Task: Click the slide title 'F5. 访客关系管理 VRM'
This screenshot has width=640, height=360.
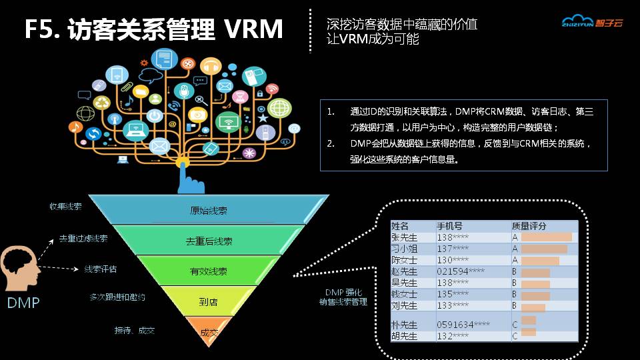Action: [x=153, y=29]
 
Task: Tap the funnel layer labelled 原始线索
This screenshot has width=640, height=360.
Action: [x=209, y=211]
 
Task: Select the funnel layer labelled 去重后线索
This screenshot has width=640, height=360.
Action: [x=209, y=241]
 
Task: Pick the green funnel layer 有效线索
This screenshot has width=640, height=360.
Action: [x=209, y=271]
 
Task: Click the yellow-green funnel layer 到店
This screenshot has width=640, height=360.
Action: [x=209, y=302]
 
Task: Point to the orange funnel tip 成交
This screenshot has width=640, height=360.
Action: [x=209, y=331]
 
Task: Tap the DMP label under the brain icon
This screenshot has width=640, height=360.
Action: [x=23, y=303]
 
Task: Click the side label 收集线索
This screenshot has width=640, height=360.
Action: [x=65, y=207]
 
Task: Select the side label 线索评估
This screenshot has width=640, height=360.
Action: [x=100, y=269]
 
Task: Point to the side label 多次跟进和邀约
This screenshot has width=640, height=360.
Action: [x=117, y=297]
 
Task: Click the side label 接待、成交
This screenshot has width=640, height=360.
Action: [x=135, y=330]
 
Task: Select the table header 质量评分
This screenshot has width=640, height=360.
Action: [x=529, y=226]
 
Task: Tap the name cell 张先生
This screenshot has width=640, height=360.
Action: [x=404, y=237]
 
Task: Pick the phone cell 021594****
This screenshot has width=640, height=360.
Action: [x=460, y=272]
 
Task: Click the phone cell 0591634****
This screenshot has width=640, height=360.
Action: [x=463, y=325]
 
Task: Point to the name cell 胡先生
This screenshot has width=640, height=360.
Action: [x=404, y=336]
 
